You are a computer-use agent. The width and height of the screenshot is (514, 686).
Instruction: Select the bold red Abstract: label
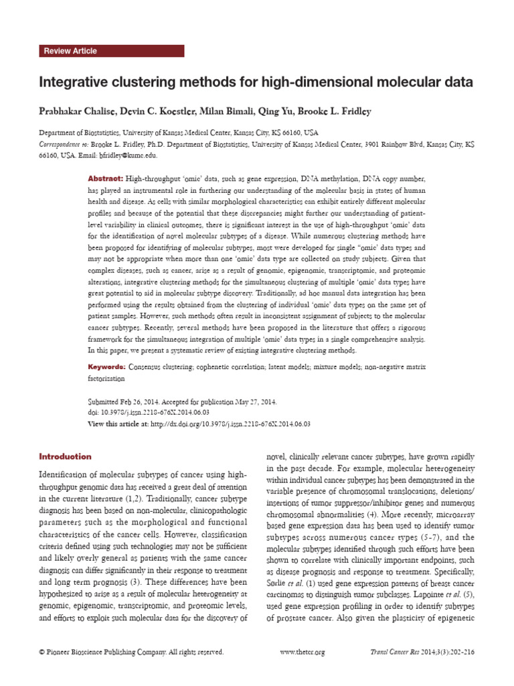pos(106,180)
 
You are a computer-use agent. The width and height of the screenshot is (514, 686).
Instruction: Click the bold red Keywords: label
pos(107,367)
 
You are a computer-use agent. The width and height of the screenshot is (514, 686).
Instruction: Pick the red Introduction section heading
pos(66,457)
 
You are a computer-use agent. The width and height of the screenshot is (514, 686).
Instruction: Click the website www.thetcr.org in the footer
pos(302,652)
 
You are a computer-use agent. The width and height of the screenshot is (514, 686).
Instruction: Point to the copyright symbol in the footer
pos(42,652)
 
